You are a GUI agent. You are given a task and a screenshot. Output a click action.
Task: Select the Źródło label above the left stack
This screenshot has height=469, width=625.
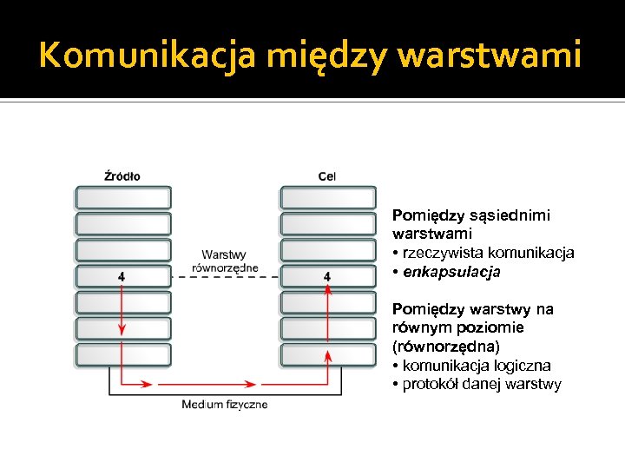coord(122,176)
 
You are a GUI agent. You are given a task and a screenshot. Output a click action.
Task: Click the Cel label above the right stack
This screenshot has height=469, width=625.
coord(327,176)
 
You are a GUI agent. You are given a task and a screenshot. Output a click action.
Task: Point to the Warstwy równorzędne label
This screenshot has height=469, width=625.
coord(224,261)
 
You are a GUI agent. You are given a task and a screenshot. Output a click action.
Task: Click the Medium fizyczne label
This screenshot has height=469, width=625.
coord(225,405)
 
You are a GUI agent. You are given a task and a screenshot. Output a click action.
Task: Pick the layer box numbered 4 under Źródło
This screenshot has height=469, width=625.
coord(122,276)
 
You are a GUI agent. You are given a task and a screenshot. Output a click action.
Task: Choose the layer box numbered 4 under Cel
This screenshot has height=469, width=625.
coord(327,276)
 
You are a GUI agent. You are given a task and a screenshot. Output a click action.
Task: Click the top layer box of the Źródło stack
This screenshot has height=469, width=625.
coord(122,197)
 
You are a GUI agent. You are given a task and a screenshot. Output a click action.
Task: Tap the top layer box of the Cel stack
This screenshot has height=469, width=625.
coord(327,197)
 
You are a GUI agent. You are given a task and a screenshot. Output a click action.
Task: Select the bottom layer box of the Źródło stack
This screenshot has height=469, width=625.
coord(122,354)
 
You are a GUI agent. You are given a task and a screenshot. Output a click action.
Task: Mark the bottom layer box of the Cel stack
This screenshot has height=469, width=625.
coord(327,354)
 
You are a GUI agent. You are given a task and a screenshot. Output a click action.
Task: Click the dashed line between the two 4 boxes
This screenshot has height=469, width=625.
coord(224,276)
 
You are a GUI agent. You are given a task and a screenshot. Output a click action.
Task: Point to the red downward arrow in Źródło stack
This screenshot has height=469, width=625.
coord(122,313)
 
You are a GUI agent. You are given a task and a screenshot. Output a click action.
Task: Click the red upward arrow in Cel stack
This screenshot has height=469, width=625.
coord(327,313)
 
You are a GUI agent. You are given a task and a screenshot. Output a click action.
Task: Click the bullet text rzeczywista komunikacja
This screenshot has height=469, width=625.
coord(487,253)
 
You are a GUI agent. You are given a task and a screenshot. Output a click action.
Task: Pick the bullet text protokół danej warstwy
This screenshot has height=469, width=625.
coord(482,385)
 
